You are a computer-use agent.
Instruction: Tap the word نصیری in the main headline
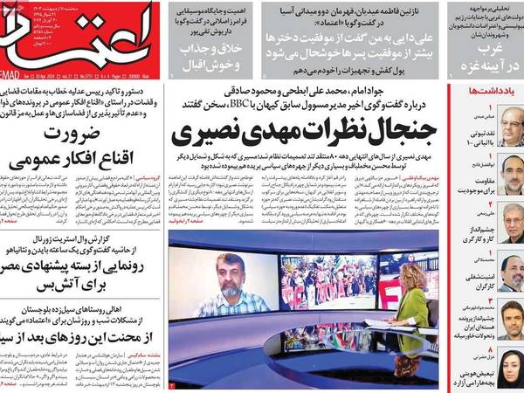point(209,134)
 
